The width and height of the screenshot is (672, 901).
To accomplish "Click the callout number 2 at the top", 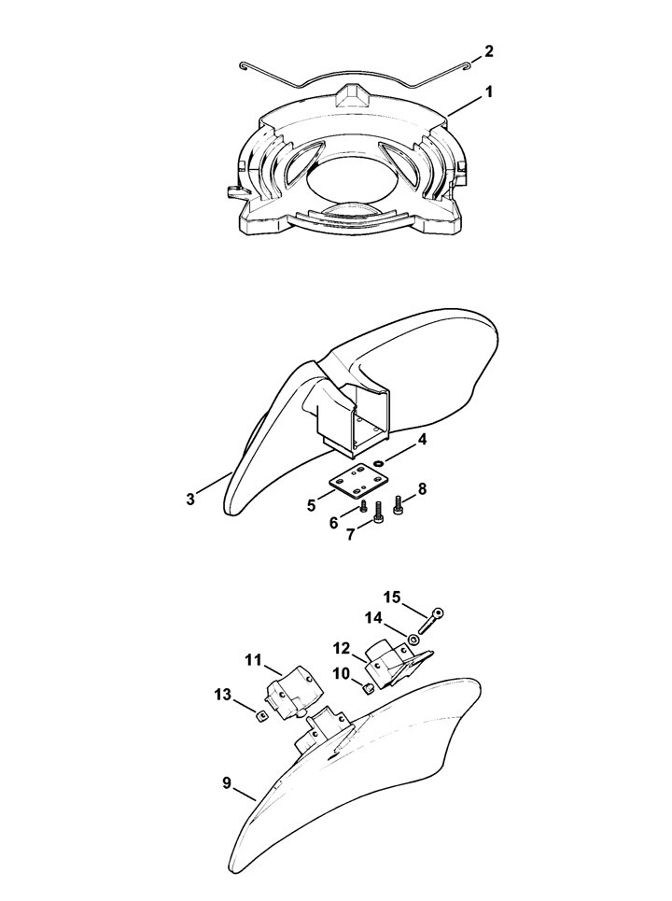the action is pyautogui.click(x=488, y=51).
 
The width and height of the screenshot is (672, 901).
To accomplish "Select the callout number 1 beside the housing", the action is pyautogui.click(x=489, y=92).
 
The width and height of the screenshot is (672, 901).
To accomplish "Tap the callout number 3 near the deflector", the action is pyautogui.click(x=190, y=499).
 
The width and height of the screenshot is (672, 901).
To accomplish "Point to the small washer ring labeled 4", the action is pyautogui.click(x=378, y=462).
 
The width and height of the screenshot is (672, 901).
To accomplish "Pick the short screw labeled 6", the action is pyautogui.click(x=364, y=506).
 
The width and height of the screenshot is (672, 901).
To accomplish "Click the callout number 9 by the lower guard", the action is pyautogui.click(x=228, y=782).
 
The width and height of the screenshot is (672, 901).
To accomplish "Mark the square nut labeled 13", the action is pyautogui.click(x=260, y=715).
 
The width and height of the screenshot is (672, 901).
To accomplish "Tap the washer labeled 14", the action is pyautogui.click(x=413, y=639).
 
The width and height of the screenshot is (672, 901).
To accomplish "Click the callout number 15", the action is pyautogui.click(x=392, y=598).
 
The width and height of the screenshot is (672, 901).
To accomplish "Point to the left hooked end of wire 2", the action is pyautogui.click(x=244, y=68).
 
